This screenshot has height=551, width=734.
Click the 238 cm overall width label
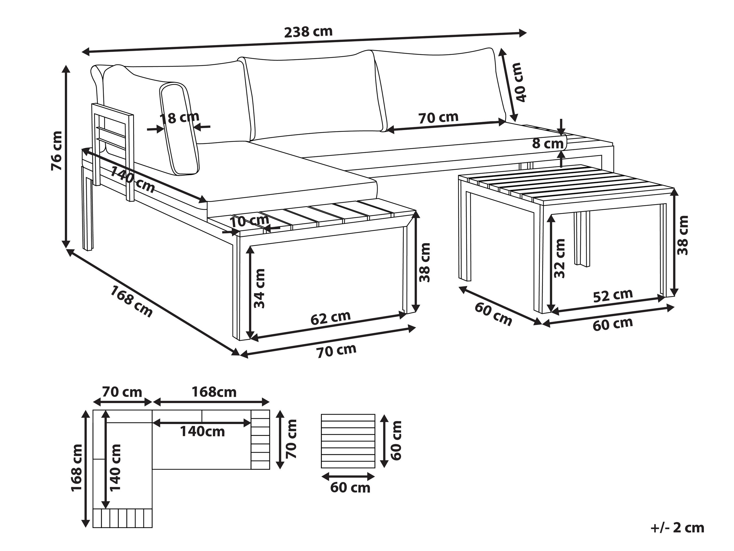308,32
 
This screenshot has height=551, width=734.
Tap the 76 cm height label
57,151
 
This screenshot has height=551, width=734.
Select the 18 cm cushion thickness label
179,117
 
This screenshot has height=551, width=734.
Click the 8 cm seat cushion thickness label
548,144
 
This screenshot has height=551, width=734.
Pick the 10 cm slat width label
250,221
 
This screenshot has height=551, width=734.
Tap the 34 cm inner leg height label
260,289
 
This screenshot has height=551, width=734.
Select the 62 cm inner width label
330,318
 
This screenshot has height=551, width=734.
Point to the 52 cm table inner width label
613,295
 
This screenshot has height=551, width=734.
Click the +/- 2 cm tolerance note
677,527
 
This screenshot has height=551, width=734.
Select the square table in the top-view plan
348,440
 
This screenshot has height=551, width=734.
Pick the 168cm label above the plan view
214,392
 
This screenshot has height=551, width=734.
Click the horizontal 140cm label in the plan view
202,432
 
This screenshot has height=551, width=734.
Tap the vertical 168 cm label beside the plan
77,467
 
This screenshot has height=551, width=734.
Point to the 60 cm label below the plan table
350,488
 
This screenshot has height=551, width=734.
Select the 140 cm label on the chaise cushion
133,180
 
